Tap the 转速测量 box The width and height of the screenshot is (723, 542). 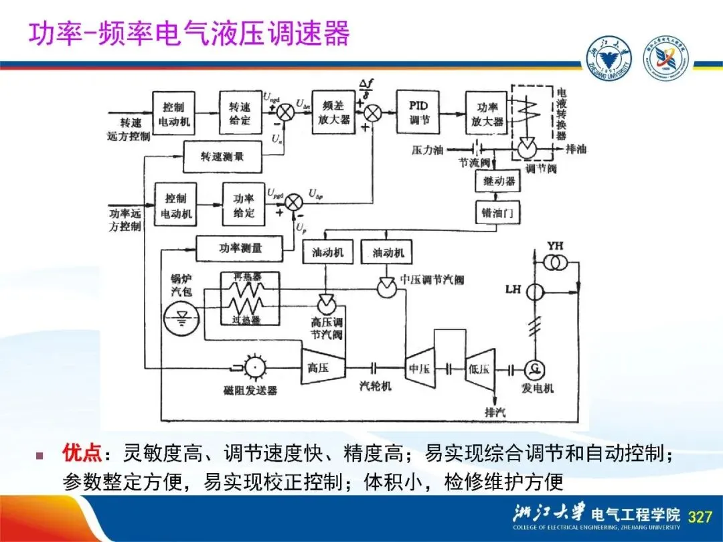[x=222, y=156]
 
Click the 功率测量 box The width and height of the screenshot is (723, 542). [x=240, y=248]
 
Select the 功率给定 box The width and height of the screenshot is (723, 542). [x=244, y=205]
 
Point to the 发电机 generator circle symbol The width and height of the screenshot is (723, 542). [x=534, y=367]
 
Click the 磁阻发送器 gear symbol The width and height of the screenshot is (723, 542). [x=254, y=366]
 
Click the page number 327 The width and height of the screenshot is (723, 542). [x=700, y=517]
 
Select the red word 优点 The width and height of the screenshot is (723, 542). [x=81, y=454]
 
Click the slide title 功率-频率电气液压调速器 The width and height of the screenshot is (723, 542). [x=188, y=33]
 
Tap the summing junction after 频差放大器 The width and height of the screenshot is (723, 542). [x=373, y=112]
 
